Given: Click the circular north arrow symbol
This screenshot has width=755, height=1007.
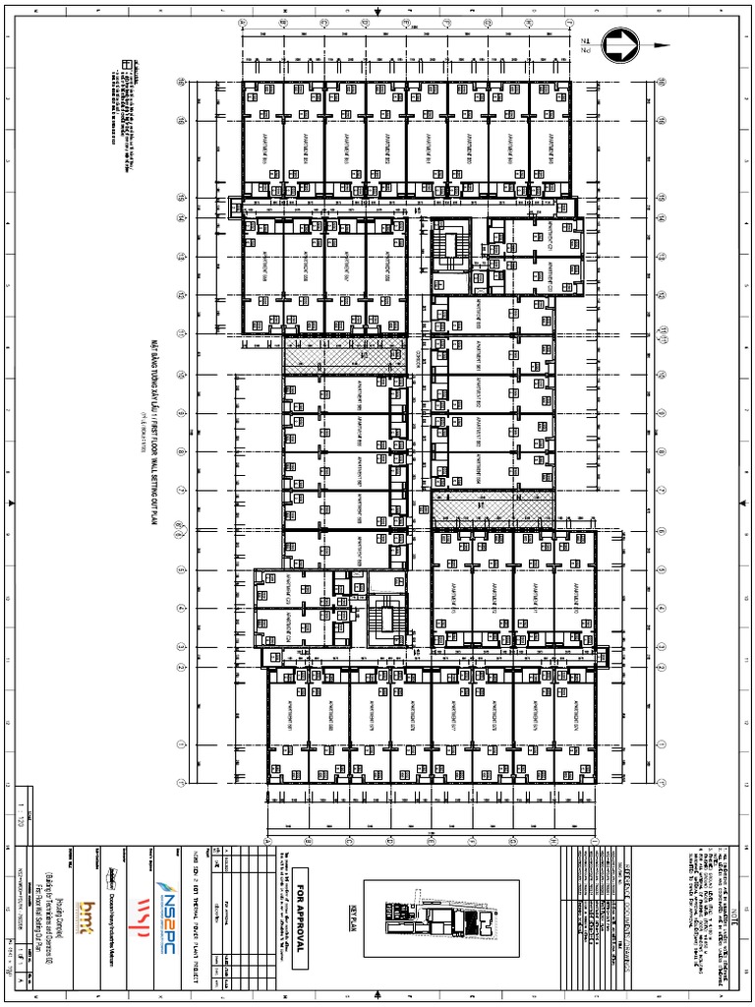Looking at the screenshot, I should [x=621, y=45].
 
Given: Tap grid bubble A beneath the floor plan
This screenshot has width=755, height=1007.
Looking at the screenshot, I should [x=267, y=841].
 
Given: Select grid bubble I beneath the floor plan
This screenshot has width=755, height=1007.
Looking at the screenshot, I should [x=594, y=841].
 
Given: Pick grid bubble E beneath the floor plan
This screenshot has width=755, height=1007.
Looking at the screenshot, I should [x=431, y=841].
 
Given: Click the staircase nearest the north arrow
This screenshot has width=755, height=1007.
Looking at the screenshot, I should [x=453, y=251].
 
